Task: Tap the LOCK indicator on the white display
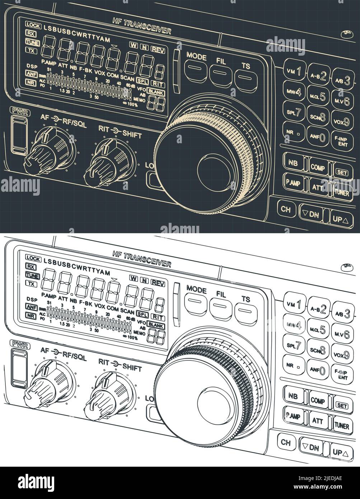[x=33, y=258]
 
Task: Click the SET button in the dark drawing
[x=342, y=172]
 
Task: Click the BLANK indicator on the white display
[x=156, y=326]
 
